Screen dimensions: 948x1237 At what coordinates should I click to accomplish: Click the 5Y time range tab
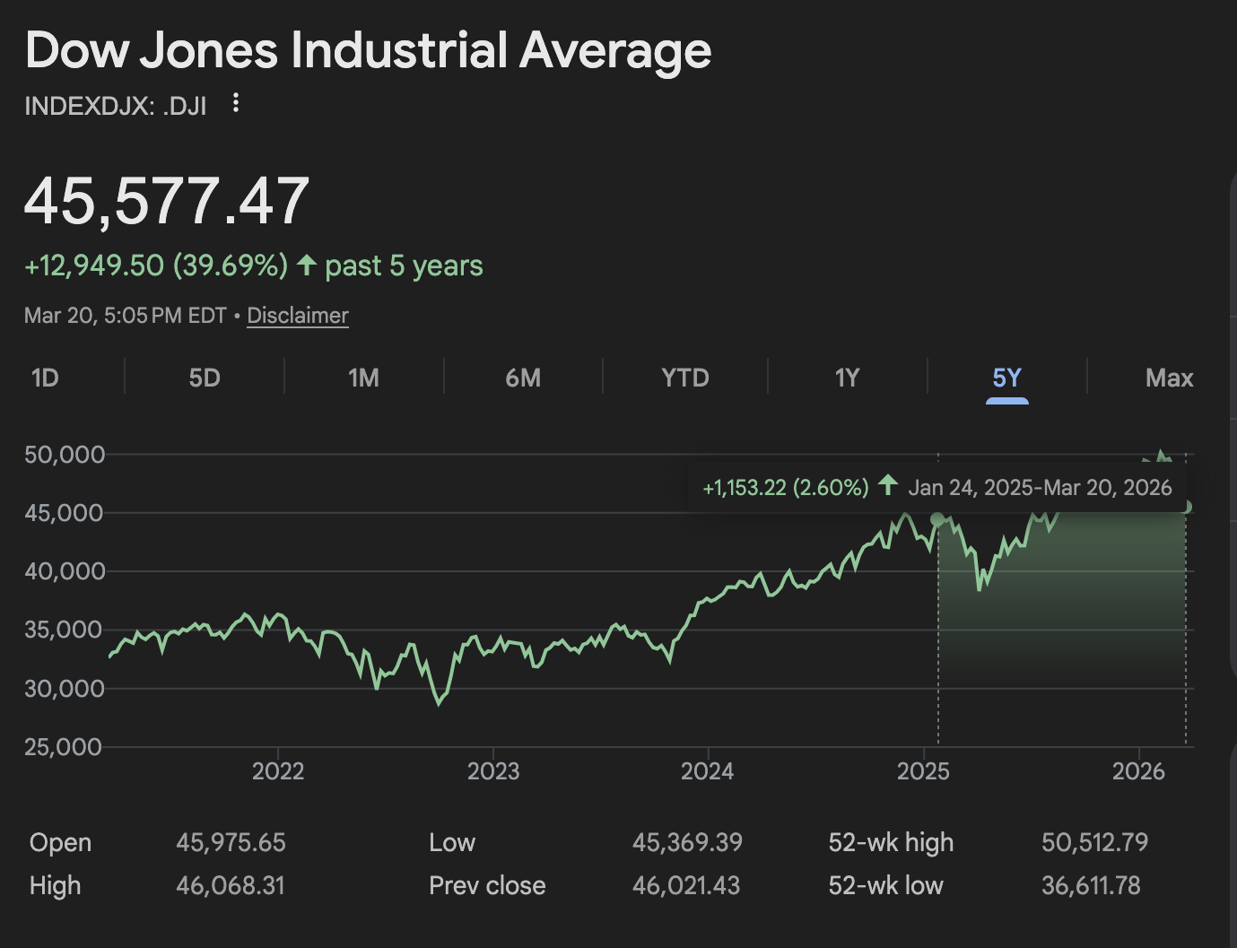(x=1006, y=378)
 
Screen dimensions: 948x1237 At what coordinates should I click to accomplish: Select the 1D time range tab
(x=45, y=378)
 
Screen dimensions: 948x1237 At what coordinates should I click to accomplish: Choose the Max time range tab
(x=1169, y=378)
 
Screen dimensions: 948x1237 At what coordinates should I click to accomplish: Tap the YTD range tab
(x=685, y=378)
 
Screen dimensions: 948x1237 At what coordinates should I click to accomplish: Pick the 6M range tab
(x=523, y=378)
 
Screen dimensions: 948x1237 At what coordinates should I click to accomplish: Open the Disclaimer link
(x=298, y=316)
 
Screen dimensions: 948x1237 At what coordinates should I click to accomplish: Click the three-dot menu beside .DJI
(x=236, y=103)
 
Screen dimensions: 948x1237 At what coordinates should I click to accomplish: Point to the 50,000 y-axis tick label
(x=65, y=455)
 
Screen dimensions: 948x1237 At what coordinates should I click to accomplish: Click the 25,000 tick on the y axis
(x=63, y=747)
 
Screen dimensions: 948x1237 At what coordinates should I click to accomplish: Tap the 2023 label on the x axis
(x=493, y=771)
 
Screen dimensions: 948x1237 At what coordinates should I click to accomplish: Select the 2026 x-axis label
(x=1138, y=771)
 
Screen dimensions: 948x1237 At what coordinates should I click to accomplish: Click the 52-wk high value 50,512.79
(x=1094, y=842)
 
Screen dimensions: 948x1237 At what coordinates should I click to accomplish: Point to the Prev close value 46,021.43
(x=686, y=886)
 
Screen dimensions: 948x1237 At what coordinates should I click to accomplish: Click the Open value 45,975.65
(x=231, y=842)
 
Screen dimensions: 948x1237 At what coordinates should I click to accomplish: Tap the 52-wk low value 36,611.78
(x=1091, y=886)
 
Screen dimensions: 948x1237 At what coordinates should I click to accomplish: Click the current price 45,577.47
(x=167, y=201)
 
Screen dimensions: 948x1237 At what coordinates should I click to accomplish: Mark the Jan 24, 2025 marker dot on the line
(x=937, y=519)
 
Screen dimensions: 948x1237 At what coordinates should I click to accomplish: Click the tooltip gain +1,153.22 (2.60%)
(x=786, y=488)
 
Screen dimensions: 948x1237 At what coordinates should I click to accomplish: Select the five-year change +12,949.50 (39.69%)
(x=156, y=265)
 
